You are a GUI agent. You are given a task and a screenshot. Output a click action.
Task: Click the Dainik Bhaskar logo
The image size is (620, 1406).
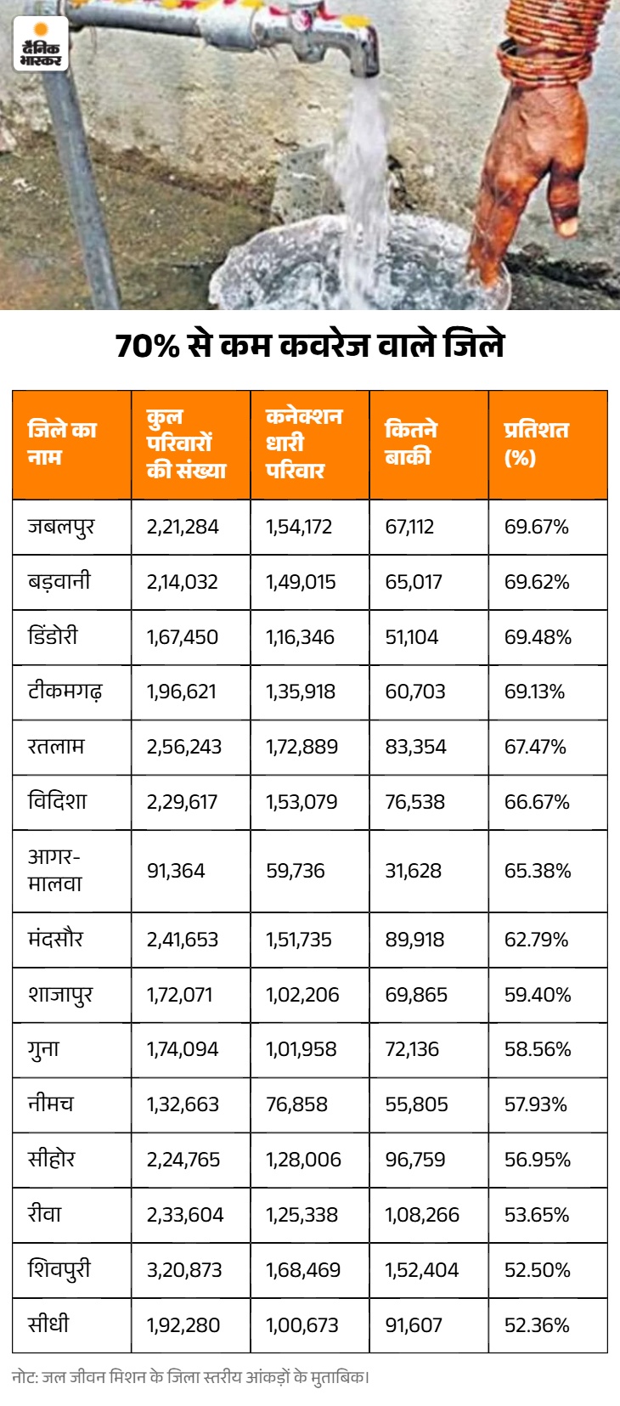[41, 43]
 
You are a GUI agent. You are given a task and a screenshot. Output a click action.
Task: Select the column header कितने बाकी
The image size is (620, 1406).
[411, 443]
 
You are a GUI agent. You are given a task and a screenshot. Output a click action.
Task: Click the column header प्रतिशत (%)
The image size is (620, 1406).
[537, 443]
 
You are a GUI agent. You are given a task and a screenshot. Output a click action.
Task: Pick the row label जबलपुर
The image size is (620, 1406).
[61, 527]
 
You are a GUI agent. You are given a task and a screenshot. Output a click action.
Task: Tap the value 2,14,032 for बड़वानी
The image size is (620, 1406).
[182, 582]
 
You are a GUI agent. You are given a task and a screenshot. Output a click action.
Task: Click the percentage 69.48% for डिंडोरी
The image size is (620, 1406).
[538, 637]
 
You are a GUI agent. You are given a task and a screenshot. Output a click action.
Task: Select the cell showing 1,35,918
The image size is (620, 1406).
[301, 692]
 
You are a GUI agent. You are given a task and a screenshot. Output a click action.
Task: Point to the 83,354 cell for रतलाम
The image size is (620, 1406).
[415, 747]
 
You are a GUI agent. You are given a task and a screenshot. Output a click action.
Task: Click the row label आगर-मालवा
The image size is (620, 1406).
[54, 871]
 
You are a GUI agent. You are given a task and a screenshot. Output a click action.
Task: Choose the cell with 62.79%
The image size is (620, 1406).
[537, 940]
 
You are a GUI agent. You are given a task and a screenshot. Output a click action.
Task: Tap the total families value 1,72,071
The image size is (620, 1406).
[179, 995]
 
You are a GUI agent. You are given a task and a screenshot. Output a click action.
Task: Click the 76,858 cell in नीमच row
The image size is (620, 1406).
[296, 1104]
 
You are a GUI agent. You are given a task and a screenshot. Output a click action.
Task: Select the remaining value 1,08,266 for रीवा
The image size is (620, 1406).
[422, 1215]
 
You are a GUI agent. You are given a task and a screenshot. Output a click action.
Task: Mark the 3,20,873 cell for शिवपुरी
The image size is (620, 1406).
[184, 1270]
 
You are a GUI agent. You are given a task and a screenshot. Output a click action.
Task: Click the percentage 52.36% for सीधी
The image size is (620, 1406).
[537, 1325]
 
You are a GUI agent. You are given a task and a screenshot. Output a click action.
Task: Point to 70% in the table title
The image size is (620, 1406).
[148, 346]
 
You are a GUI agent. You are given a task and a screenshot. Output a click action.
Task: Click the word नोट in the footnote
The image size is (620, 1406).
[24, 1378]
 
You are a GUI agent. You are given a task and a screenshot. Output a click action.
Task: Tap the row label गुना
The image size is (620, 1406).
[43, 1049]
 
